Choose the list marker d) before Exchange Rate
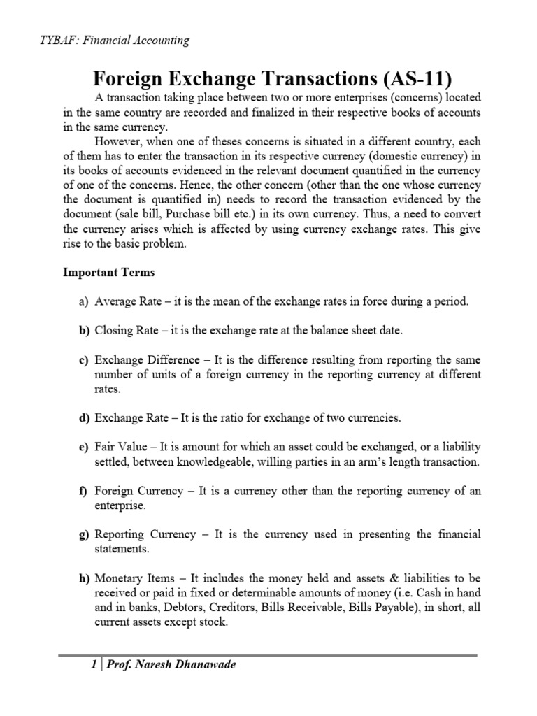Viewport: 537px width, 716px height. coord(83,417)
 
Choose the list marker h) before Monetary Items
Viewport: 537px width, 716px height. coord(83,578)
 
